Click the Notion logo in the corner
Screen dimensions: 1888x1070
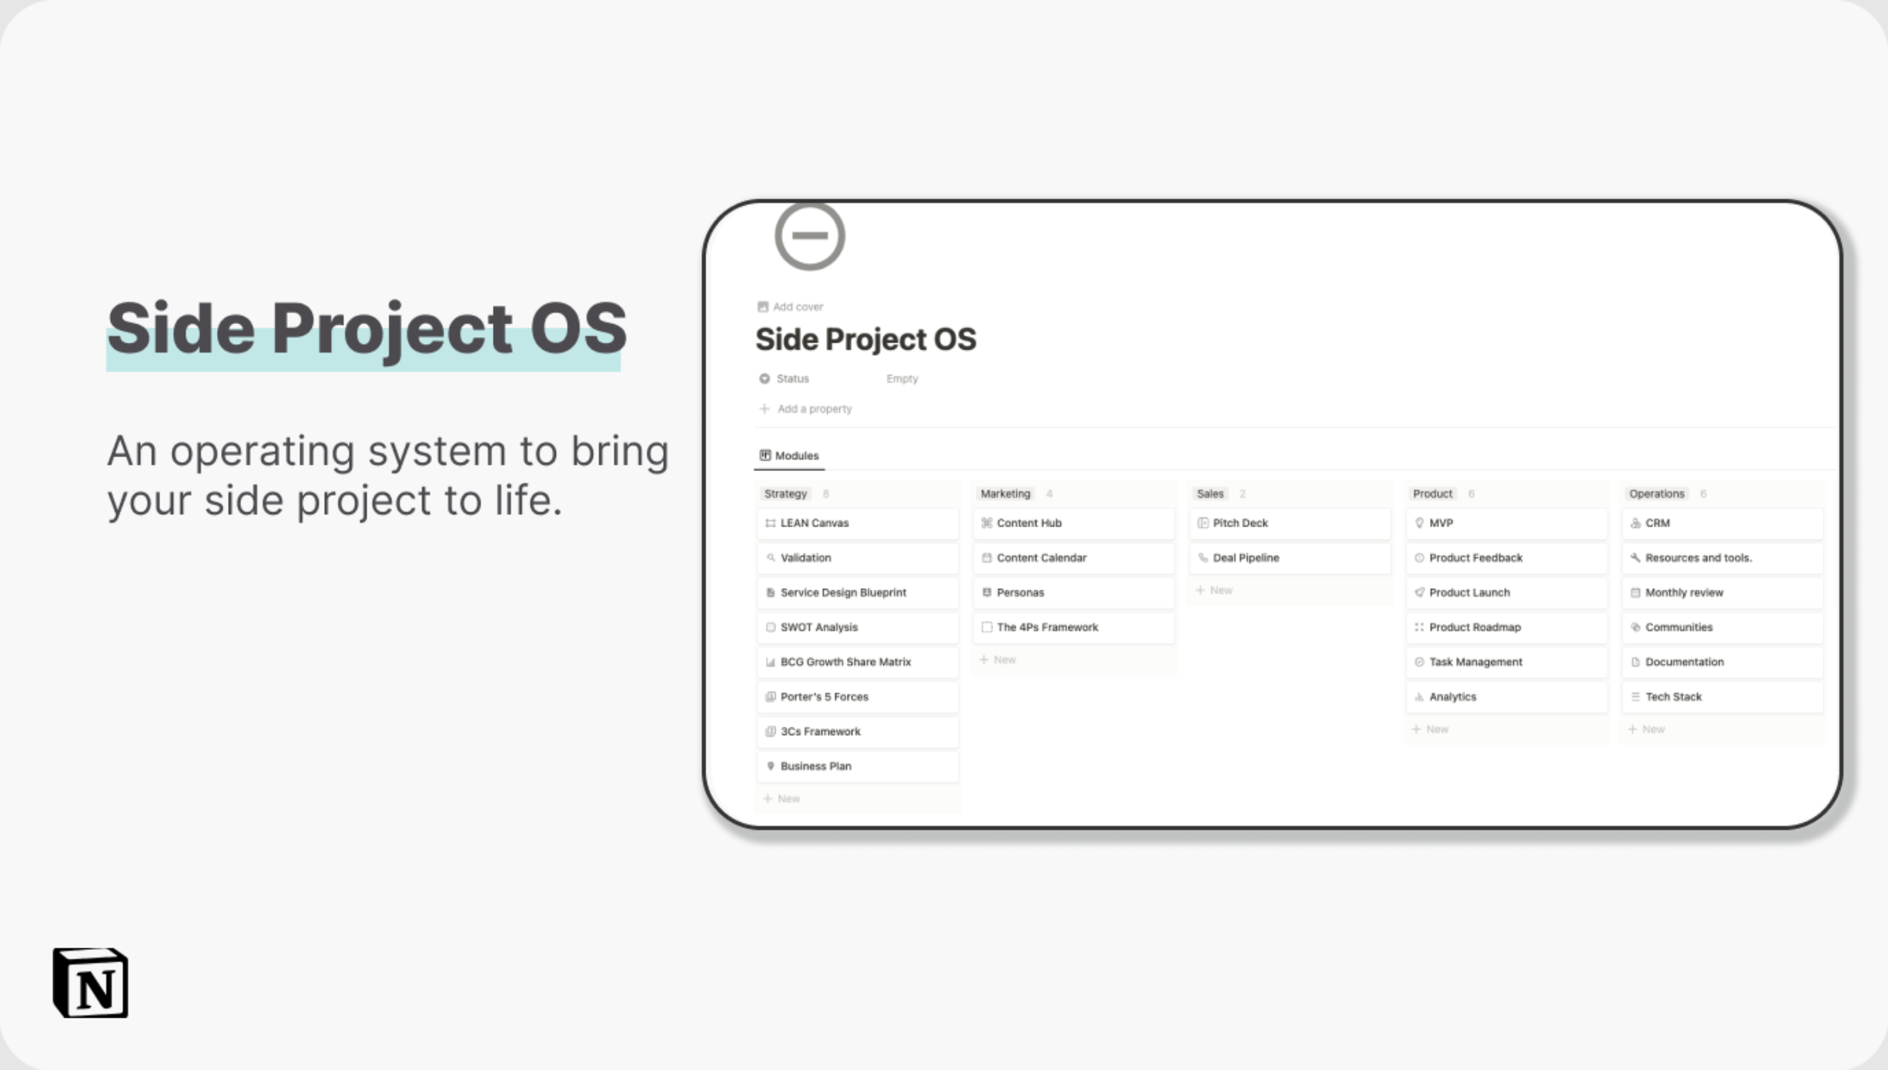(x=91, y=983)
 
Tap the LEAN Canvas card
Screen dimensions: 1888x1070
(x=858, y=523)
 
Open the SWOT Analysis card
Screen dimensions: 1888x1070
(x=858, y=627)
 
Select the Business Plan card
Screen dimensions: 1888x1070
(x=858, y=767)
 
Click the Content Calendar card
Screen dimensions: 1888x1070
(x=1074, y=558)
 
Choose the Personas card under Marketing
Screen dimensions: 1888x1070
(x=1074, y=593)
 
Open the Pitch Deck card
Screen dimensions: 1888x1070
(x=1290, y=523)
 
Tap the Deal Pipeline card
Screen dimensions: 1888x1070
(x=1290, y=558)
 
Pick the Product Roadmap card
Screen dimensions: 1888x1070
(x=1507, y=627)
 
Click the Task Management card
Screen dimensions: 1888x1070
(x=1507, y=662)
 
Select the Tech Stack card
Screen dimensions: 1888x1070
(x=1723, y=697)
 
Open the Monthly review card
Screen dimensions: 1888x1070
(x=1723, y=593)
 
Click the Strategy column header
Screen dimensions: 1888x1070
(x=785, y=494)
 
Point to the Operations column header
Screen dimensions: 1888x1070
(x=1656, y=494)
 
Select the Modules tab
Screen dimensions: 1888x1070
(x=789, y=456)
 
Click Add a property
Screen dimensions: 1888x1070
(x=805, y=409)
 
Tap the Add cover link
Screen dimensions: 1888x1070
(x=790, y=307)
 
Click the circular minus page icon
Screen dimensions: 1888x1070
(x=810, y=236)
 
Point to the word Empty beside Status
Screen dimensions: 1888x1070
(x=902, y=379)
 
